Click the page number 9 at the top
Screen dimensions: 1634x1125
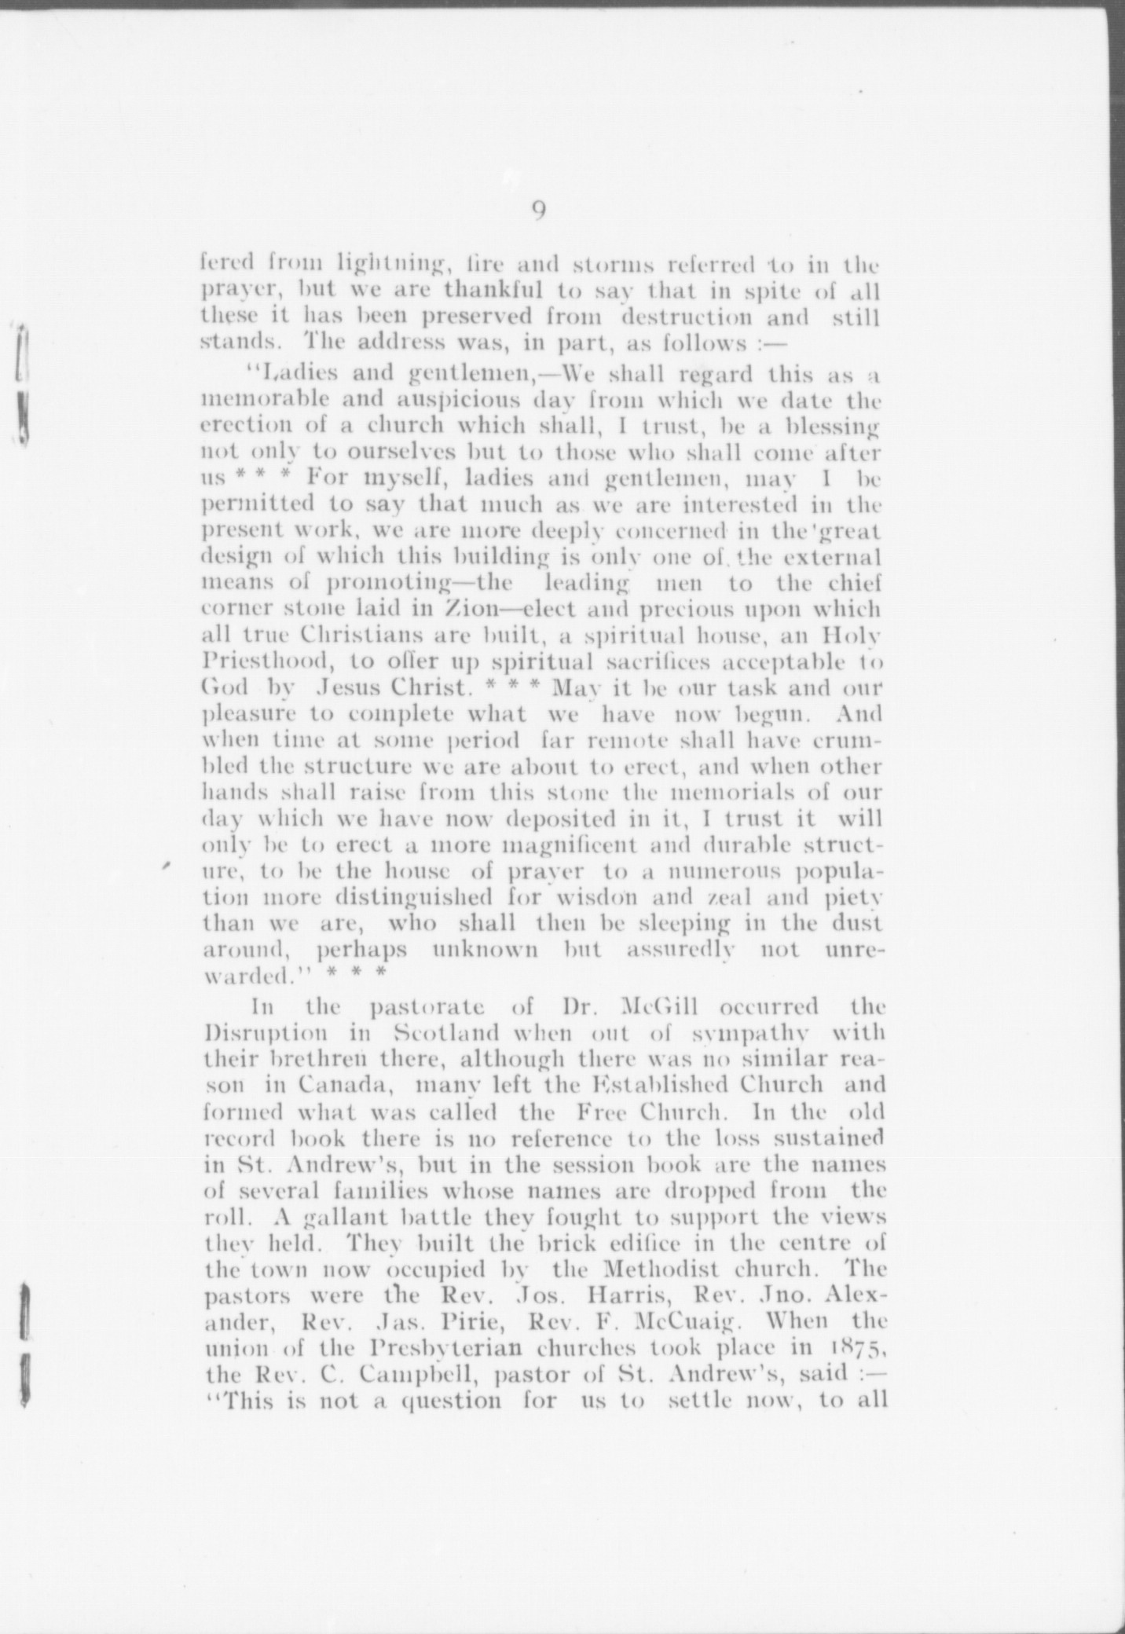[x=539, y=212]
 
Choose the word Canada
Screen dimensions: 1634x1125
[x=339, y=1086]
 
